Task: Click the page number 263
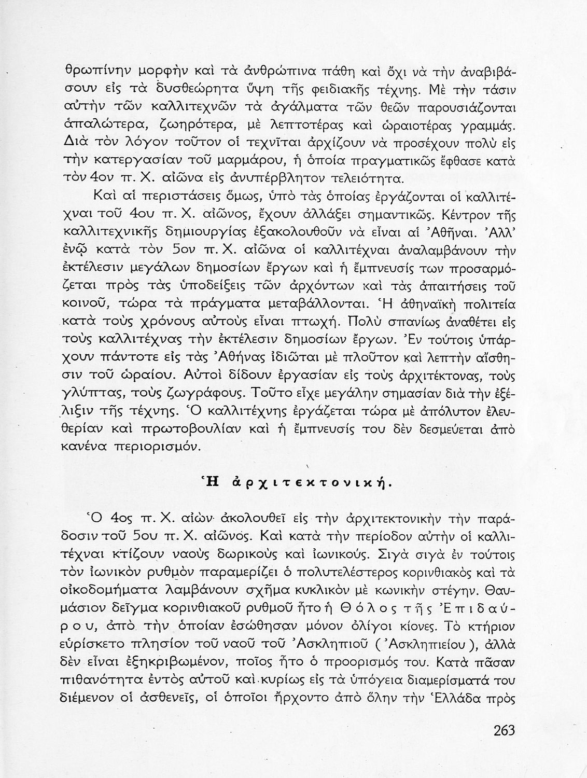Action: [x=500, y=731]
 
